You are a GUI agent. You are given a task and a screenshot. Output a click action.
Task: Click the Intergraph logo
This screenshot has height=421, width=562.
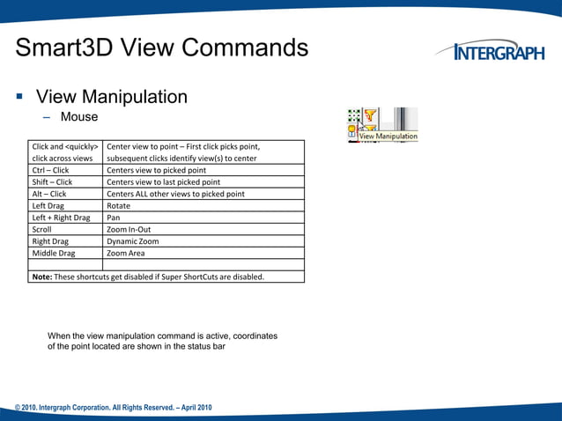tap(498, 53)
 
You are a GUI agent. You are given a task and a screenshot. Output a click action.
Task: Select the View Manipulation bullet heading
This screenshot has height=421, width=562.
tap(111, 97)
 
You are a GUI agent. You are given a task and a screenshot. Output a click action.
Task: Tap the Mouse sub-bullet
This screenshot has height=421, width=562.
tap(79, 116)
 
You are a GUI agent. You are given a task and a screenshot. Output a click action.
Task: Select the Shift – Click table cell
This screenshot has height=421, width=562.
tap(52, 182)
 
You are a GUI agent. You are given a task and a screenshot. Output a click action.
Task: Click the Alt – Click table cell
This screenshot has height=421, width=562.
tap(49, 194)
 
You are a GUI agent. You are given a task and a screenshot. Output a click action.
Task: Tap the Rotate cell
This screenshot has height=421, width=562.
tap(119, 205)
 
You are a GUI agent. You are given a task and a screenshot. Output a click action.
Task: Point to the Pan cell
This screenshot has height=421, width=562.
tap(114, 218)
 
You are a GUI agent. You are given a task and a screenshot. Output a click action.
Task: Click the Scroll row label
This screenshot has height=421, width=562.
tap(41, 229)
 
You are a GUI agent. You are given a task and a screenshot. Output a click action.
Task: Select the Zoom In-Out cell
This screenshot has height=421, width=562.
tap(128, 229)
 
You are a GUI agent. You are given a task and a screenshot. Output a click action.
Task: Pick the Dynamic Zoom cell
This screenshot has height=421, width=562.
tap(133, 240)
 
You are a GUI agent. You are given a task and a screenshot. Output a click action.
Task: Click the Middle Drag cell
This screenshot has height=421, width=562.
tap(54, 253)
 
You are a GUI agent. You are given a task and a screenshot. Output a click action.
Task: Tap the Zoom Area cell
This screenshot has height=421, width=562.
tap(126, 253)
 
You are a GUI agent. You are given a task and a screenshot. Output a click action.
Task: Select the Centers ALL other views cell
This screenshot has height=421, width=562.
tap(175, 194)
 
